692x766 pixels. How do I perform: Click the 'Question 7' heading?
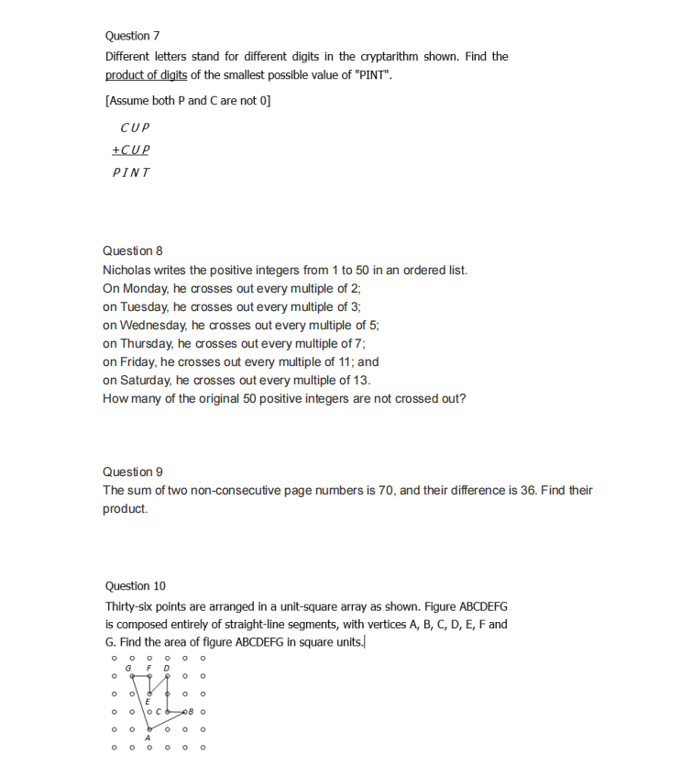tap(132, 36)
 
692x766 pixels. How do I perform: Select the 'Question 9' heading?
tap(132, 472)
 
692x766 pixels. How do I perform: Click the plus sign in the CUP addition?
tap(115, 150)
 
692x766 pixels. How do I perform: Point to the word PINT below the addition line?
tap(131, 172)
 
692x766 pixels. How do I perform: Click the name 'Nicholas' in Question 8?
tap(127, 270)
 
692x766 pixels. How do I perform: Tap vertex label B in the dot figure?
tap(192, 711)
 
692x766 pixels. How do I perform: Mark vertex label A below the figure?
tap(148, 738)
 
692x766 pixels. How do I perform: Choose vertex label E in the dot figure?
tap(148, 702)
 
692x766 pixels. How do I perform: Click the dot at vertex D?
tap(167, 676)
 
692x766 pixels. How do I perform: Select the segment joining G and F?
tap(140, 676)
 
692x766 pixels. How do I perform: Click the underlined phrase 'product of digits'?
tap(146, 74)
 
